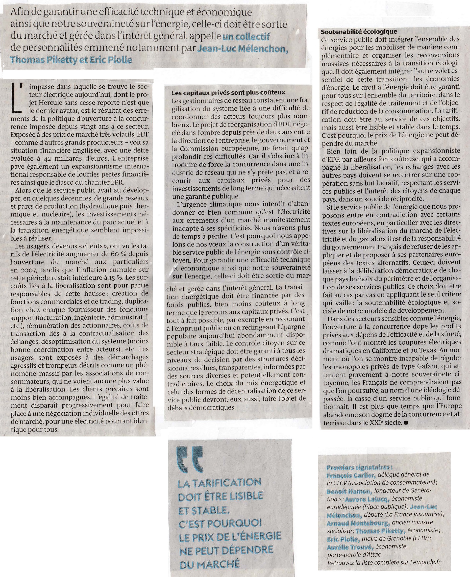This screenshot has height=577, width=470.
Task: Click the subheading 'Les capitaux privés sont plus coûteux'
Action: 228,93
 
